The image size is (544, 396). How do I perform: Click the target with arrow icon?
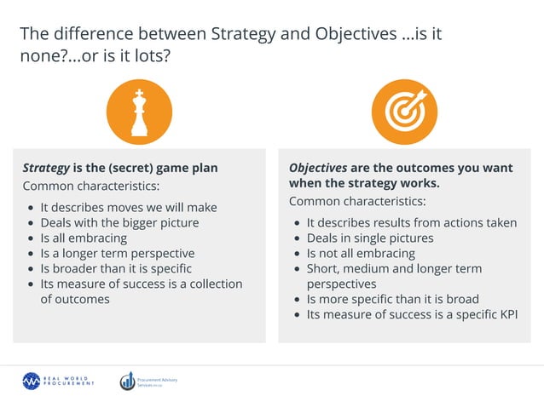pyautogui.click(x=404, y=115)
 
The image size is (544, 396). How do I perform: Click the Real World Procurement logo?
pyautogui.click(x=59, y=381)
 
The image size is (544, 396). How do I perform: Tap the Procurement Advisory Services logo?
pyautogui.click(x=148, y=381)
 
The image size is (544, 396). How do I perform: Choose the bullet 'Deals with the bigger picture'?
pyautogui.click(x=119, y=222)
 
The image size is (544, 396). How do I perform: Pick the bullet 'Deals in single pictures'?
pyautogui.click(x=369, y=238)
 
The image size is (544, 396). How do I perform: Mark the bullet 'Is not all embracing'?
pyautogui.click(x=361, y=253)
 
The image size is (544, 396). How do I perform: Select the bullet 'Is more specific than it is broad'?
pyautogui.click(x=392, y=299)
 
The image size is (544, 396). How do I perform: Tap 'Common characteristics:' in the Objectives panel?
pyautogui.click(x=357, y=202)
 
